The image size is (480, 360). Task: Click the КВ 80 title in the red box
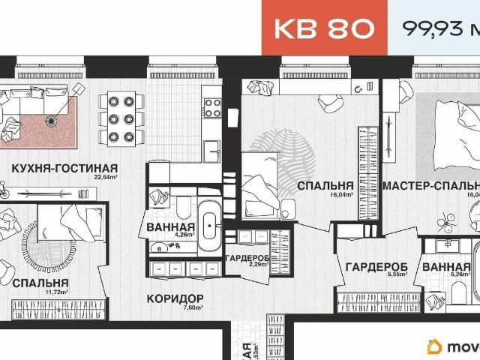(324, 28)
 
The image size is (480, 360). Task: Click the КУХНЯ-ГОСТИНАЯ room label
(64, 167)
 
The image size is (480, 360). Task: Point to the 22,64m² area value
(107, 178)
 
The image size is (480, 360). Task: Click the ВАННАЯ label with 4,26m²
(171, 226)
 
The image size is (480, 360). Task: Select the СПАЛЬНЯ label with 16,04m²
(325, 185)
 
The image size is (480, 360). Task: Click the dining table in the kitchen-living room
(119, 118)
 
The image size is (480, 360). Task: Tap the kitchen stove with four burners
(212, 107)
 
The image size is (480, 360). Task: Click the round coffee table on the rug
(52, 120)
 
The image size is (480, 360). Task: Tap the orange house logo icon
(434, 346)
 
